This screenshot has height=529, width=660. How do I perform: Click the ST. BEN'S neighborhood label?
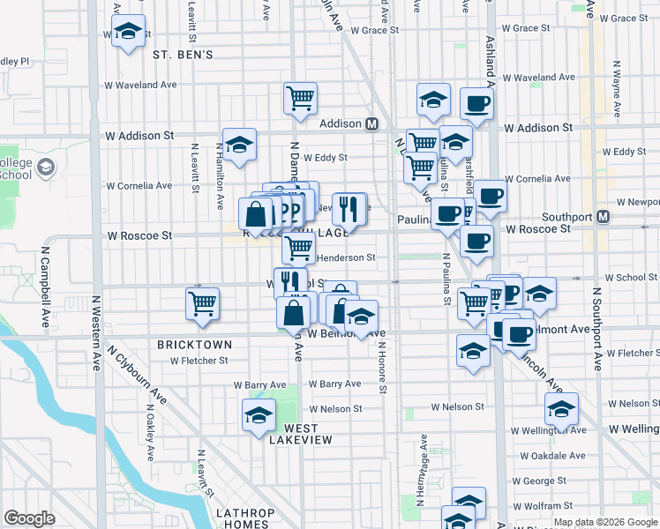pyautogui.click(x=183, y=55)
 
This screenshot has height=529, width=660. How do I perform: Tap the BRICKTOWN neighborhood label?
pyautogui.click(x=194, y=344)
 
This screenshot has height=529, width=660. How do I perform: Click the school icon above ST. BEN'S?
pyautogui.click(x=129, y=33)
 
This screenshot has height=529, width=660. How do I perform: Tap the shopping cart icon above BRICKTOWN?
pyautogui.click(x=203, y=303)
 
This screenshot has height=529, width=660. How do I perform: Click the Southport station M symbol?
pyautogui.click(x=604, y=216)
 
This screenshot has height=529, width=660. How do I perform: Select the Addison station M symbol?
pyautogui.click(x=372, y=124)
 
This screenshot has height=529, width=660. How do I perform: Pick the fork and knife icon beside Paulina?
pyautogui.click(x=349, y=208)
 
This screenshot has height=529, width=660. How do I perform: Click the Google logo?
pyautogui.click(x=29, y=518)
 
